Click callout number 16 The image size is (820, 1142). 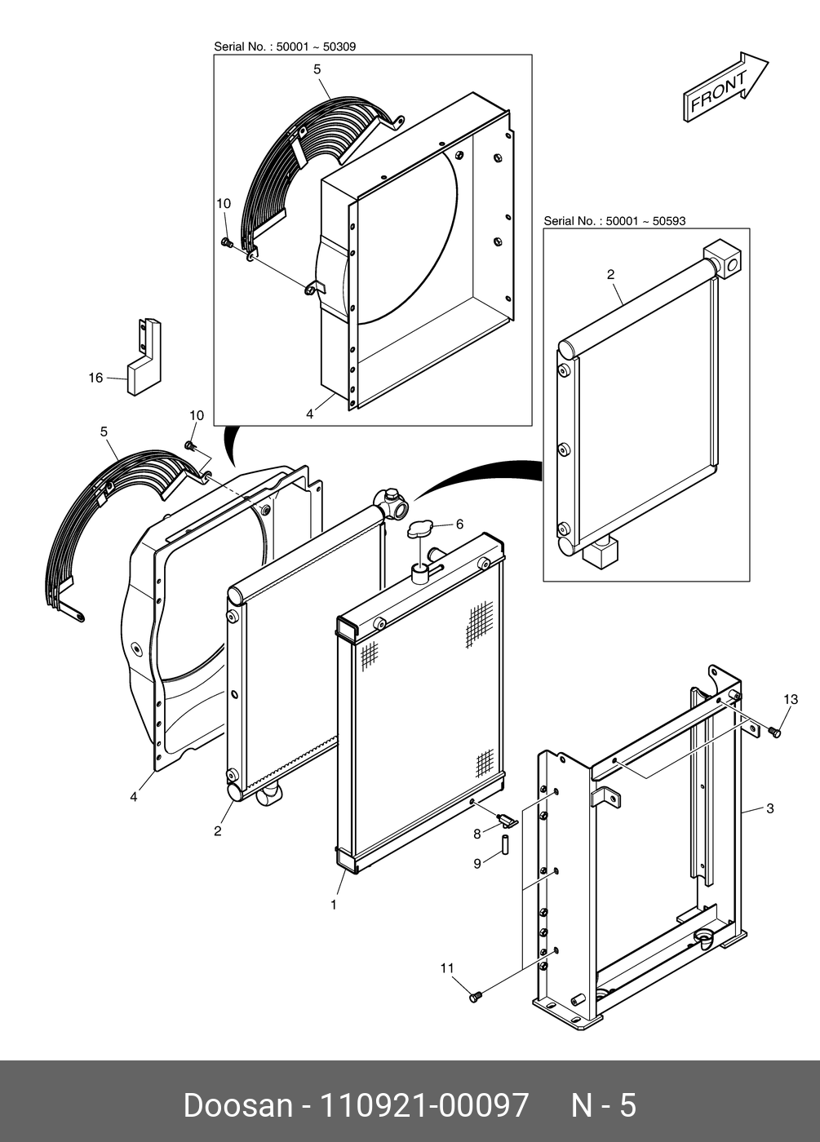click(x=96, y=378)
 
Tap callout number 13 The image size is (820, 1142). click(x=790, y=699)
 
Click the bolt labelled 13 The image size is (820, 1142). click(x=774, y=733)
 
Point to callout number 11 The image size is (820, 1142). click(x=446, y=968)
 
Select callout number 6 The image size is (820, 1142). click(x=459, y=525)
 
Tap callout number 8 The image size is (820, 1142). click(x=477, y=834)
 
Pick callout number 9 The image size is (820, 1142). click(x=477, y=863)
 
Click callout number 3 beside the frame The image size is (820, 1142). click(x=769, y=809)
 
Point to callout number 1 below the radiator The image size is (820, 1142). click(x=333, y=905)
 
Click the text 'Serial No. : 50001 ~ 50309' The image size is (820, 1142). click(x=285, y=47)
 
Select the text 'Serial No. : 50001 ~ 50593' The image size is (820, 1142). click(x=614, y=221)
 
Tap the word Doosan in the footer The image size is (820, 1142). click(x=237, y=1105)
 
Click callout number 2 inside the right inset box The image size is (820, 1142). click(x=610, y=275)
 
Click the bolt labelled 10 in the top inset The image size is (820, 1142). click(x=228, y=242)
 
